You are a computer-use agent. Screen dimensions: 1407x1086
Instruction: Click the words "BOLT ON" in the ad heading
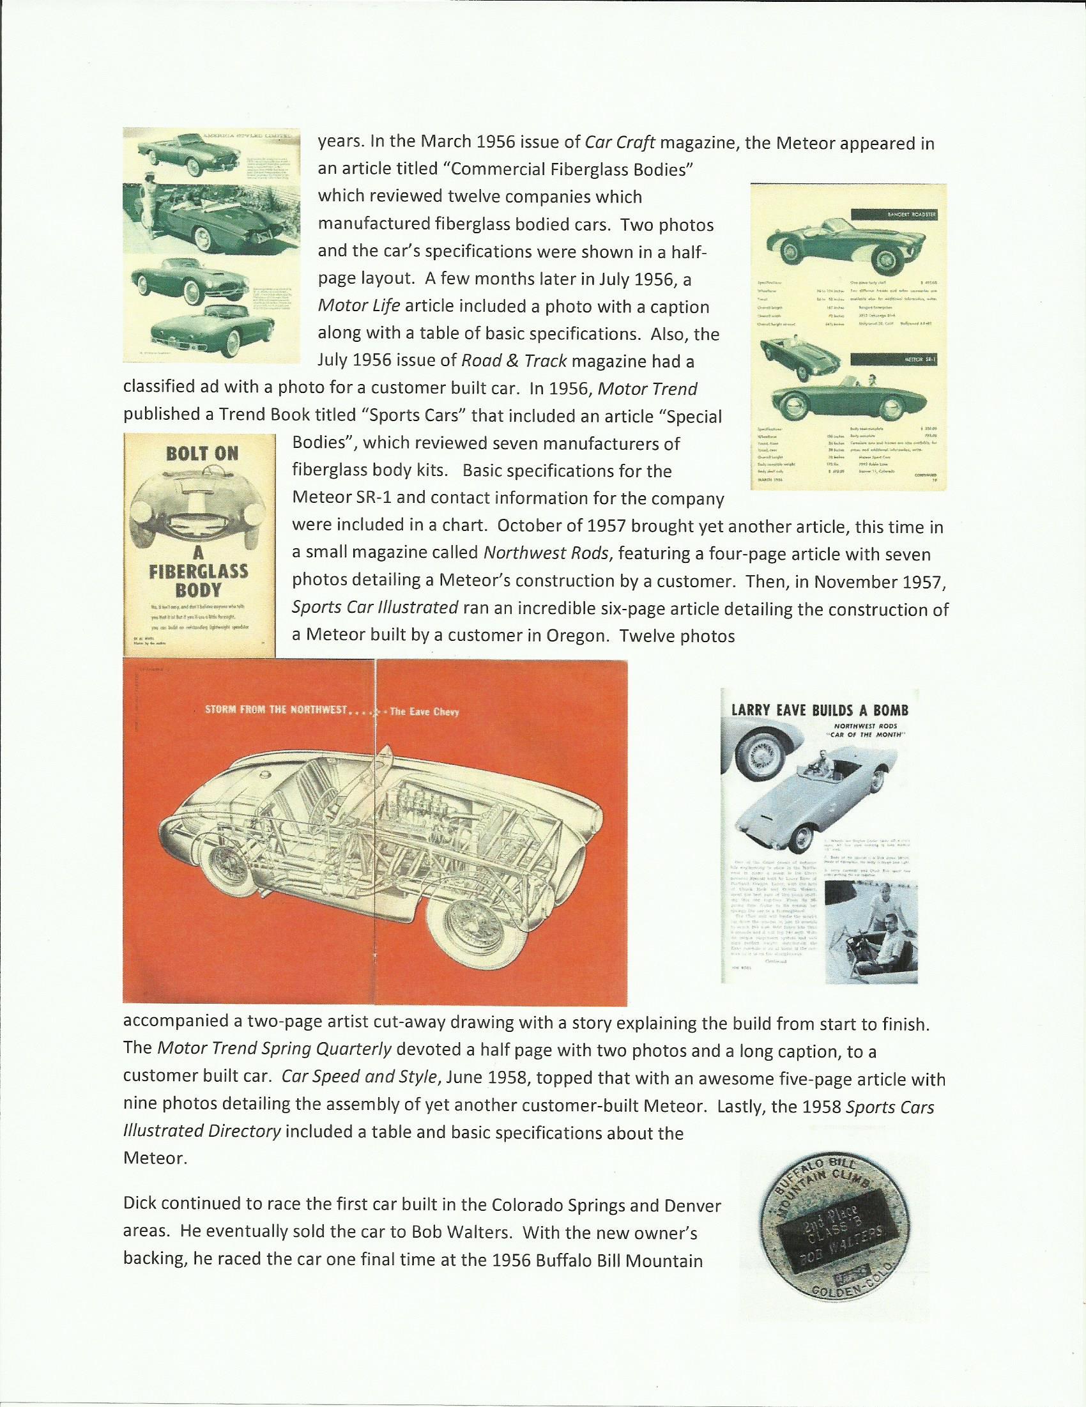click(202, 454)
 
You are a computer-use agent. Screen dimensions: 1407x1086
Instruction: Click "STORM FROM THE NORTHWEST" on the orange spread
click(277, 711)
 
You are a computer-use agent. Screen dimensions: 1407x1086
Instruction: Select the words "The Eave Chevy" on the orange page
click(424, 712)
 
